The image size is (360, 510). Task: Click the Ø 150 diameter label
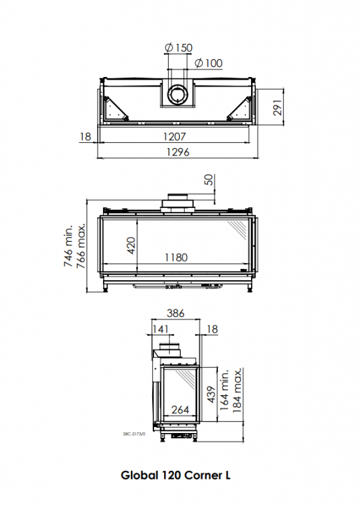179,48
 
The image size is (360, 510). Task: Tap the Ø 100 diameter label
209,63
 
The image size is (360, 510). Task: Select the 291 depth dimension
278,108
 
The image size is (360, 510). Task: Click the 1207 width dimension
174,137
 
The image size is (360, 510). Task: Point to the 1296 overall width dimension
178,152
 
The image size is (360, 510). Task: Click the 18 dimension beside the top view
85,137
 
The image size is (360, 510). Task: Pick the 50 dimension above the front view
209,180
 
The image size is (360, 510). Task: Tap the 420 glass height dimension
131,246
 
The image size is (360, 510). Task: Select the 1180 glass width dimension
176,258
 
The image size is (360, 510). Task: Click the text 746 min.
68,246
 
